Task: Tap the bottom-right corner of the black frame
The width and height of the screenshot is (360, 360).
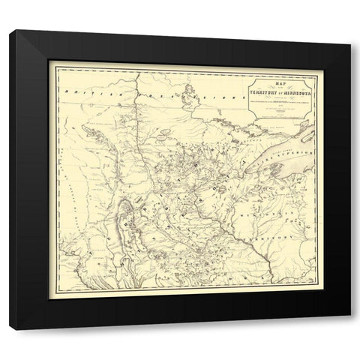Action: pyautogui.click(x=350, y=330)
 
